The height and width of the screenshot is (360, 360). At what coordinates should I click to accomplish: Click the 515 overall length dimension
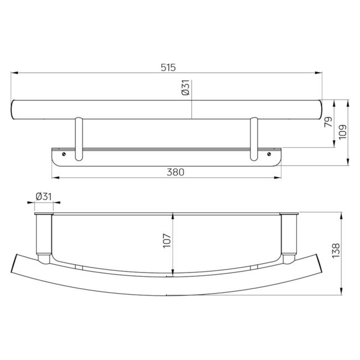tap(168, 68)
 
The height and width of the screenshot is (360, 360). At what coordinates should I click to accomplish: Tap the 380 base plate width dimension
tap(176, 172)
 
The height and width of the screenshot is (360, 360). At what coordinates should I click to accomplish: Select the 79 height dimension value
tap(328, 122)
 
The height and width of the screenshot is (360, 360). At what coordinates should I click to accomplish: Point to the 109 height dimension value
tap(342, 132)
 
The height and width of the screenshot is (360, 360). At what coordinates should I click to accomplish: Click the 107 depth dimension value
tap(167, 240)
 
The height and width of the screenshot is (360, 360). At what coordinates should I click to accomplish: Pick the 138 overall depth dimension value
tap(336, 250)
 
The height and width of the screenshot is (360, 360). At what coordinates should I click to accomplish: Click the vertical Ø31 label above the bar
tap(186, 88)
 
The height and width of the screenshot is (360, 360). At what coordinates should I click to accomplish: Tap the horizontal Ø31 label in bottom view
tap(44, 197)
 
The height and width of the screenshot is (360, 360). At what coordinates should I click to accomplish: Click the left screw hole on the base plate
tap(64, 154)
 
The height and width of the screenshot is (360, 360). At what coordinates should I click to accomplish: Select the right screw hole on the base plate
tap(269, 154)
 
